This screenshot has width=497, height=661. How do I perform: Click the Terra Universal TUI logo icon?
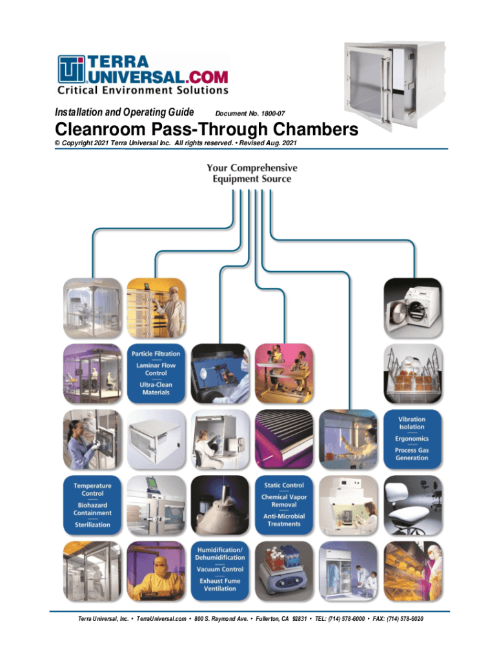(70, 69)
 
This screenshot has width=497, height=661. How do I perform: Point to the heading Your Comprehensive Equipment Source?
(252, 173)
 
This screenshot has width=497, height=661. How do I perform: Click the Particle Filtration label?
(156, 354)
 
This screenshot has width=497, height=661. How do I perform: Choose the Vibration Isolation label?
(412, 423)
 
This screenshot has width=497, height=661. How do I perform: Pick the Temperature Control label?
(92, 489)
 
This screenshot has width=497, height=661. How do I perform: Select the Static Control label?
(284, 485)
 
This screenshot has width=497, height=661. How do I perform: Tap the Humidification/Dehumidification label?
(220, 553)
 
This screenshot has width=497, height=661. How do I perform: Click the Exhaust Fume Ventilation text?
(220, 585)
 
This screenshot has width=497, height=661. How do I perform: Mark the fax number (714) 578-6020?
(403, 620)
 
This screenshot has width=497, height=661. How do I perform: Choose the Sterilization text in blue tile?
(92, 525)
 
